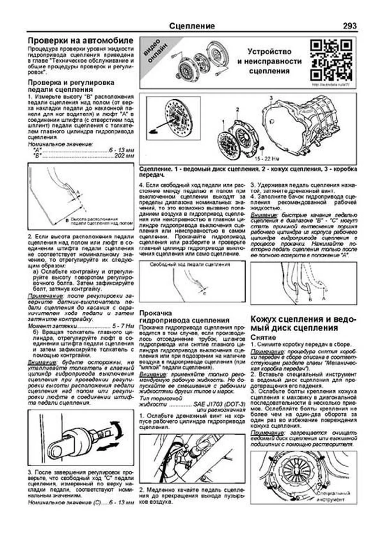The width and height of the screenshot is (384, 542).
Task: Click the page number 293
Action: pos(349,26)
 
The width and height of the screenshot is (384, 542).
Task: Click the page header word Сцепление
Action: pos(192,26)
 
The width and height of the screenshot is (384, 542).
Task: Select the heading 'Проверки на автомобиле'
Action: pos(80,41)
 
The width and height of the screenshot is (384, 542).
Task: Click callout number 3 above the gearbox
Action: pos(271,97)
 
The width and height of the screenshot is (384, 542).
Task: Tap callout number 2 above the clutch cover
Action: pos(237,110)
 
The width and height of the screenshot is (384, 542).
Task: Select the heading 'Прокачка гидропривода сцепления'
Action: pos(184,317)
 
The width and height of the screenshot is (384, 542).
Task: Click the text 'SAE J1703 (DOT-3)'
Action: pos(219,404)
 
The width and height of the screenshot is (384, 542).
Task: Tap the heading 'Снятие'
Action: pos(263,337)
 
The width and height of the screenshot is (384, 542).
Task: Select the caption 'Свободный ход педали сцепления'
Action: pos(189,264)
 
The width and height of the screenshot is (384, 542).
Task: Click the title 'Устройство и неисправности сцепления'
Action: pos(269,61)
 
